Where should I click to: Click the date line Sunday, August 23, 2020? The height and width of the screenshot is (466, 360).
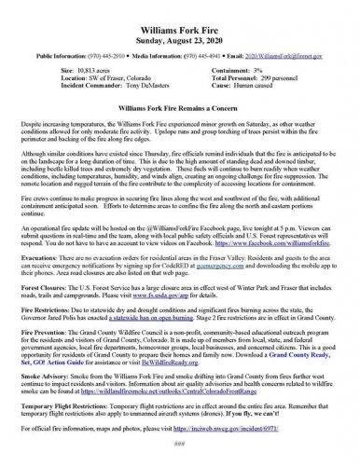click(179, 24)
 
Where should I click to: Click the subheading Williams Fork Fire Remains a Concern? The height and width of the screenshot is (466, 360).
click(179, 95)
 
